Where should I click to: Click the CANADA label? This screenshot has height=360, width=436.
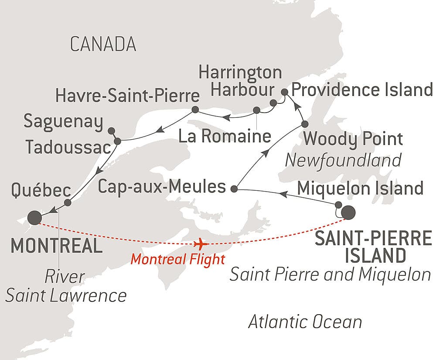coord(103,44)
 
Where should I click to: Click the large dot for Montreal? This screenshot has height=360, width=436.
coord(34,217)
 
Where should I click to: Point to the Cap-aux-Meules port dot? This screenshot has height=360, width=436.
coord(234,189)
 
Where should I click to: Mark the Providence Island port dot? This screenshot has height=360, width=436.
coord(284,92)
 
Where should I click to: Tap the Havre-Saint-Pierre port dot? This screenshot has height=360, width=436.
coord(195,109)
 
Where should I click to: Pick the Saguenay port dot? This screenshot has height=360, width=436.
coord(111,130)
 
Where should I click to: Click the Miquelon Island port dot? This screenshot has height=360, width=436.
coord(339,204)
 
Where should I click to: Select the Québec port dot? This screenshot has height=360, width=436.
coord(68,202)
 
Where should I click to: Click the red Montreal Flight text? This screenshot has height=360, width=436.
coord(178,259)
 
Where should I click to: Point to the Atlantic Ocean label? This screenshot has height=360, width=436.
coord(305,322)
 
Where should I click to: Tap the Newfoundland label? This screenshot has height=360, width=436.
coord(343,160)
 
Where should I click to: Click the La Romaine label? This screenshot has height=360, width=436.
coord(225,137)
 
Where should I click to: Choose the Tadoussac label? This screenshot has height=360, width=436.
coord(68,147)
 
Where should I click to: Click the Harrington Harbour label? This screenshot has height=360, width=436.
coord(240,81)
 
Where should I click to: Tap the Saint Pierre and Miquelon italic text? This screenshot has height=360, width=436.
coord(330,275)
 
